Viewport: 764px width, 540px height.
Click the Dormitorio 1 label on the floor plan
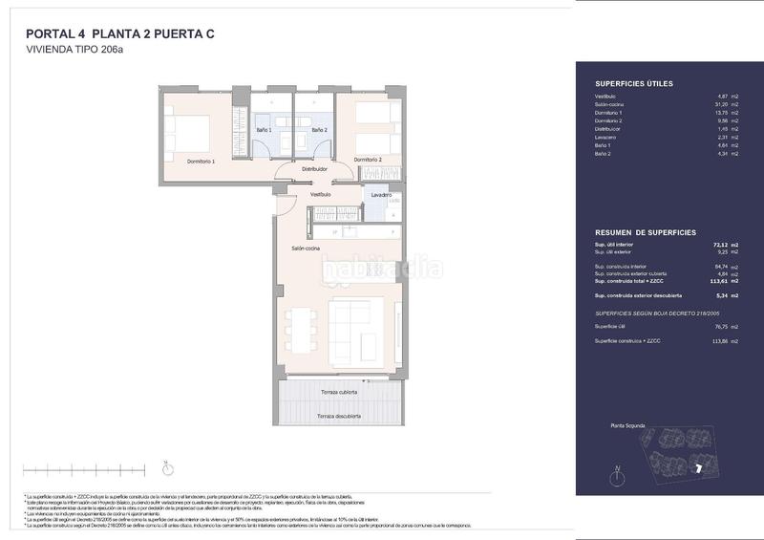click(x=202, y=162)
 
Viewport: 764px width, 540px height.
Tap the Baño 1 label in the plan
click(x=265, y=130)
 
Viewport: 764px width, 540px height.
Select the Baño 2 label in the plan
click(x=319, y=130)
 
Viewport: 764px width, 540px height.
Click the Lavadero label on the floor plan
click(x=382, y=195)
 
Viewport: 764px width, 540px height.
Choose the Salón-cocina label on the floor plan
click(x=306, y=248)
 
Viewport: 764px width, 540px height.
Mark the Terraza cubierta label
click(x=339, y=392)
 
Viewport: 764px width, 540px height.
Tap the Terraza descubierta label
click(x=339, y=416)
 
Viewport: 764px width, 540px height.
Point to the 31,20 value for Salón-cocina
click(x=723, y=104)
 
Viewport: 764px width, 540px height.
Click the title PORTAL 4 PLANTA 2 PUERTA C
click(x=120, y=34)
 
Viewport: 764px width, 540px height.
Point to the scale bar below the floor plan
click(x=83, y=470)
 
